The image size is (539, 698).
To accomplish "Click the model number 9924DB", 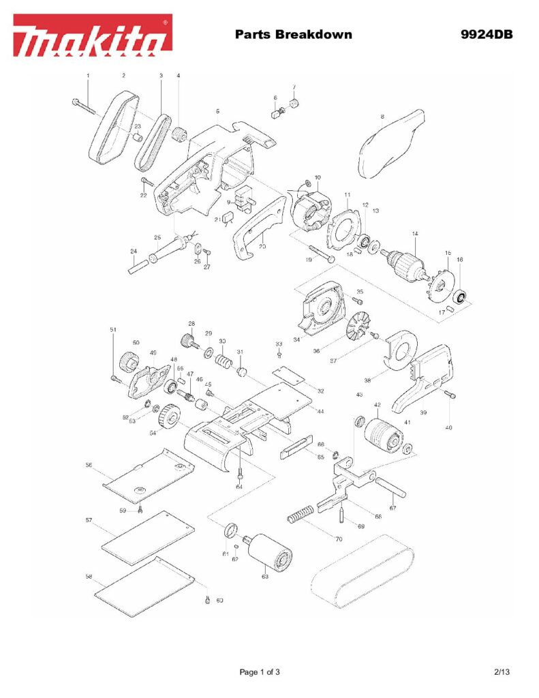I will (x=486, y=34).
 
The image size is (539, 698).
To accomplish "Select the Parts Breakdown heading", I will (x=293, y=34).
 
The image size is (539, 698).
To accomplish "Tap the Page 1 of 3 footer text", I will (x=260, y=672).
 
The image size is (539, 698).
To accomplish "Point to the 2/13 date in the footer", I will (x=502, y=672).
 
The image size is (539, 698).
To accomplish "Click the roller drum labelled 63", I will (x=273, y=553).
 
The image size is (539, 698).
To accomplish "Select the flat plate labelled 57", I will (x=147, y=538).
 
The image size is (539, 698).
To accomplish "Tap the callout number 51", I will (x=113, y=330).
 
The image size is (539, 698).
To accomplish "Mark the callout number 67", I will (x=392, y=508).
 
